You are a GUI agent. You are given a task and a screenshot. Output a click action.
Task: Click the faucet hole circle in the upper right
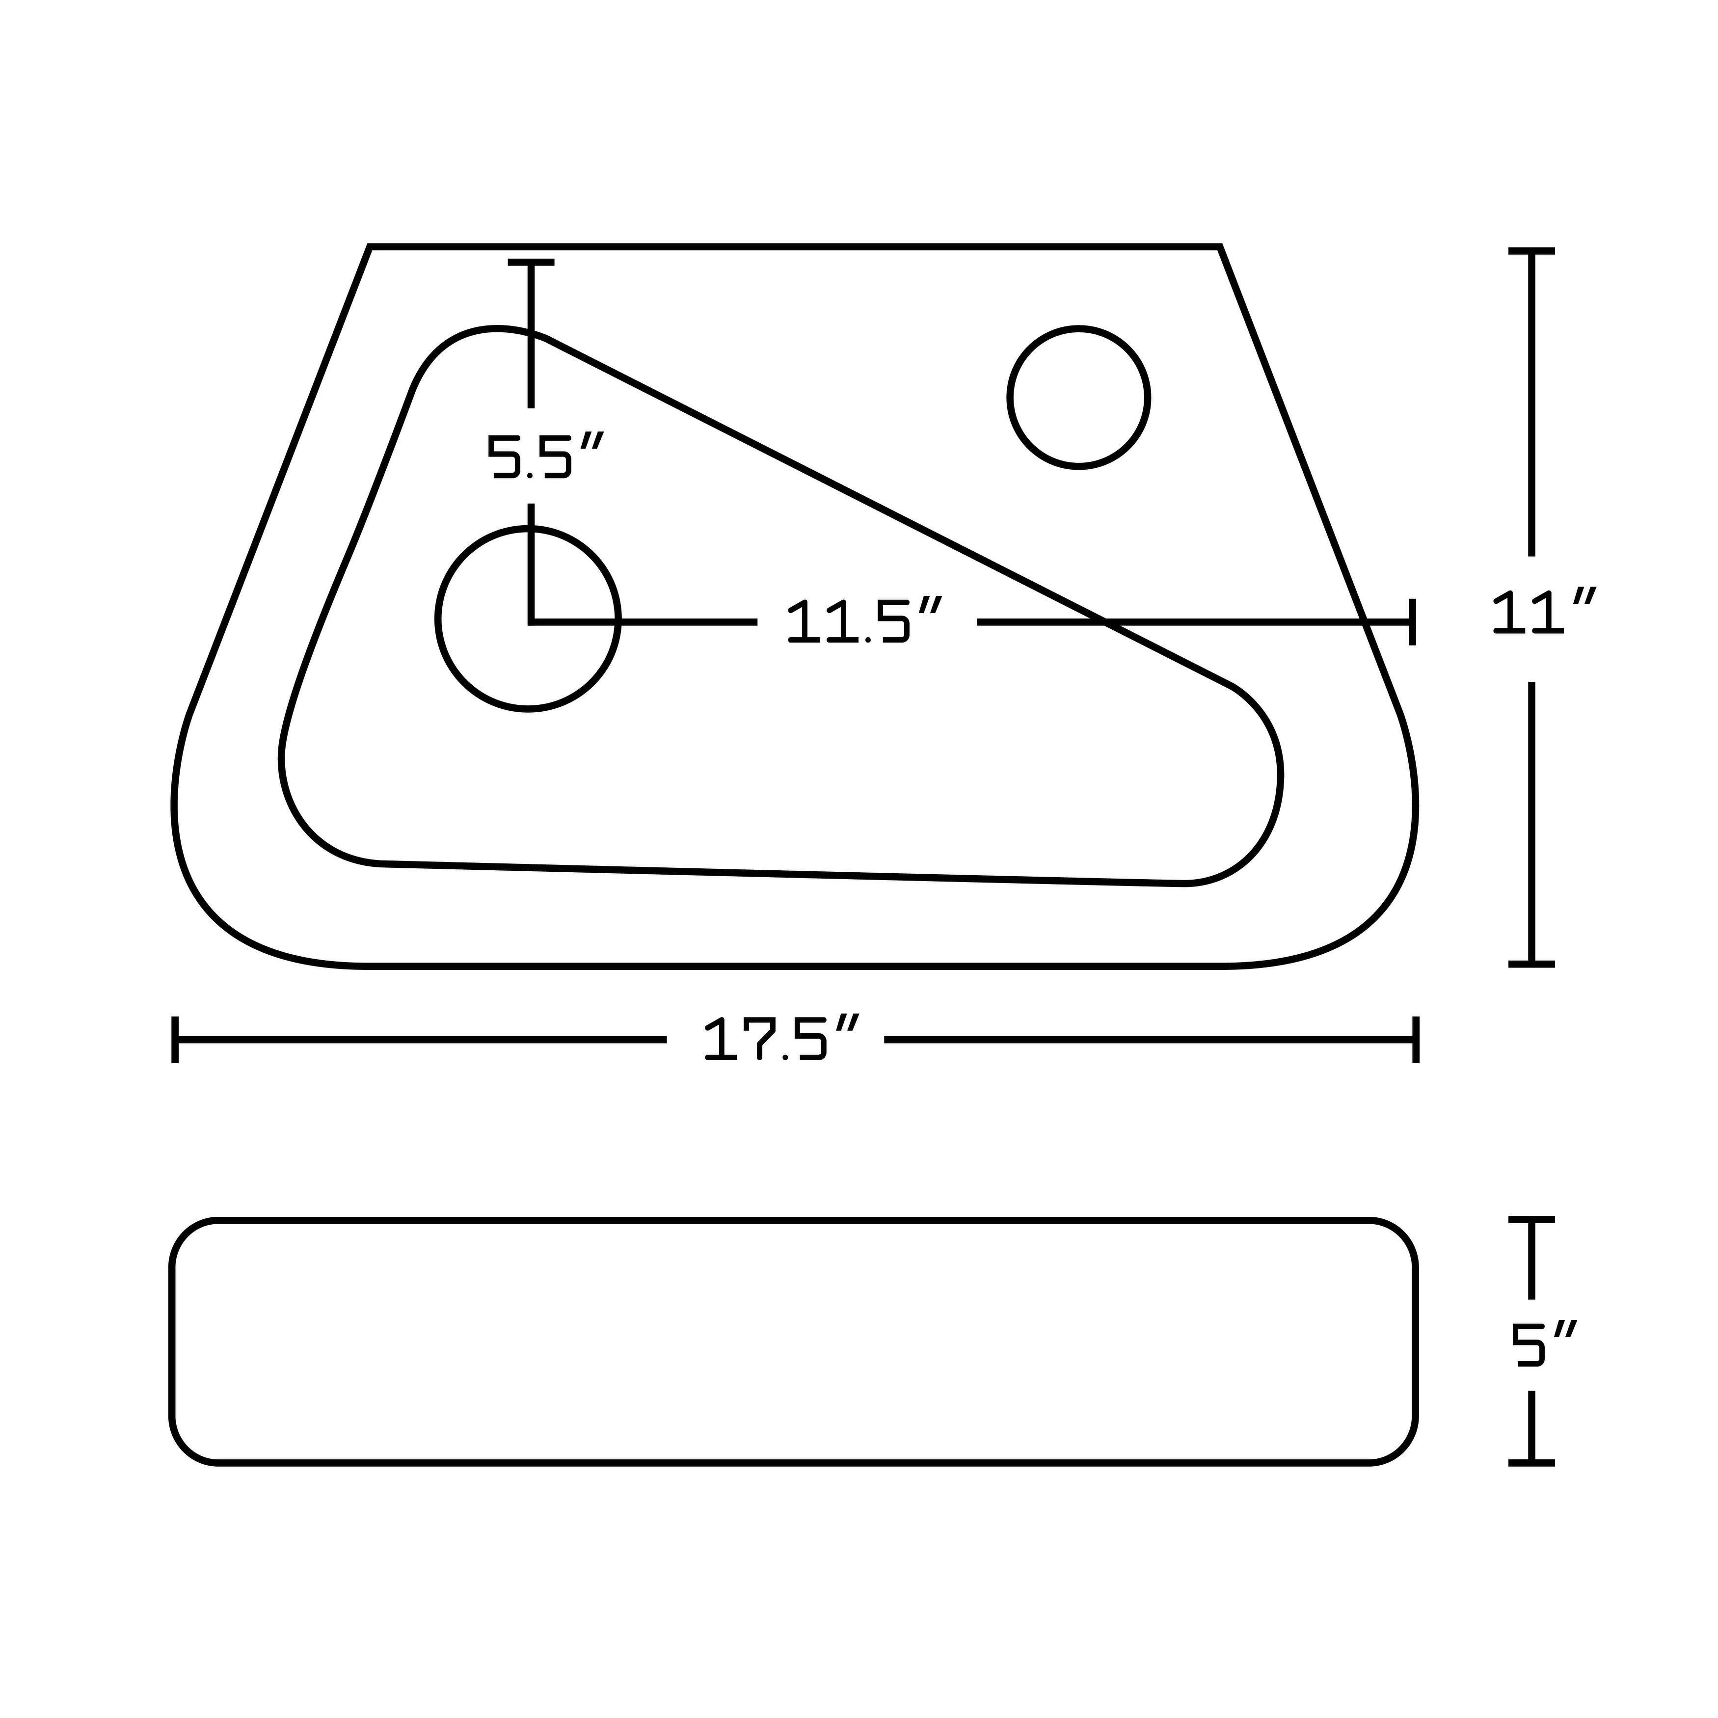click(1078, 398)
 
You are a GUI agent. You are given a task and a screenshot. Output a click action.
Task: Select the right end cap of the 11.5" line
click(1411, 621)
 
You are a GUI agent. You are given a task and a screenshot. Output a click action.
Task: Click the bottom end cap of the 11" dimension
click(1531, 963)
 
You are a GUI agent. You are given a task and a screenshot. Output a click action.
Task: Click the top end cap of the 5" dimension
click(1531, 1221)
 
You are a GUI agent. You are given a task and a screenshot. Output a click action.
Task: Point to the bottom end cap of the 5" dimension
click(1531, 1462)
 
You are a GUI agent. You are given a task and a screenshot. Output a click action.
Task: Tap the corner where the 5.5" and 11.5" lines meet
click(531, 621)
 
